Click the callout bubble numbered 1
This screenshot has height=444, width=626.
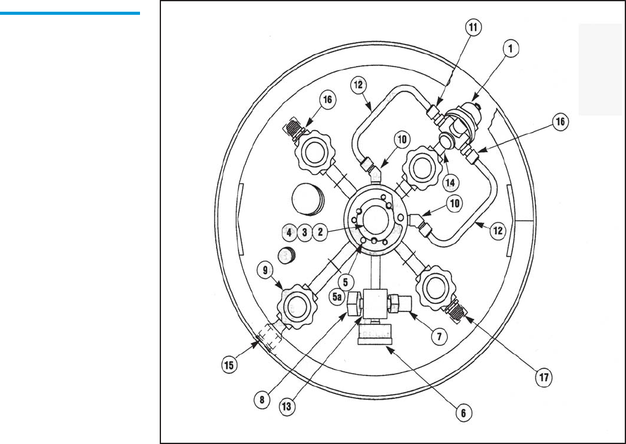[510, 49]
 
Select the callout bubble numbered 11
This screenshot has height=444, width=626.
[473, 27]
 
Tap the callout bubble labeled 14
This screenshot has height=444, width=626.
[450, 183]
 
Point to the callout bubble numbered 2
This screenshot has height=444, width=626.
[320, 232]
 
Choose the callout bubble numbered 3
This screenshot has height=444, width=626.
[305, 232]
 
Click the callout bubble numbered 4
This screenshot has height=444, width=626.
[289, 232]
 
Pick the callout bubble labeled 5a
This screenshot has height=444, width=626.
[337, 297]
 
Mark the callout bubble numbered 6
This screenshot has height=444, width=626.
[463, 413]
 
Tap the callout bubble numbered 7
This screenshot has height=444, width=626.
[439, 337]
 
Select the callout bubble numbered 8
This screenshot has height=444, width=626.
[262, 400]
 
